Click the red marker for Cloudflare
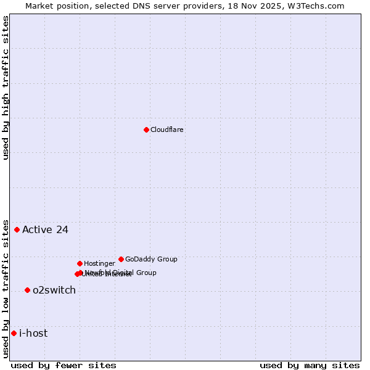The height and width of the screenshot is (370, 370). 146,129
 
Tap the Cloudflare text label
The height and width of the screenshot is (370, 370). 166,129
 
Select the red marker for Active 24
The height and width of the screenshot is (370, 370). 17,229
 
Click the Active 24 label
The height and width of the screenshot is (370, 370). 45,230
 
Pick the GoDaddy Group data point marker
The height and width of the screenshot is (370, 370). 121,259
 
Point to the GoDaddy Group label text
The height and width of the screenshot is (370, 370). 151,259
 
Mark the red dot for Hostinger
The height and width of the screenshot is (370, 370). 80,263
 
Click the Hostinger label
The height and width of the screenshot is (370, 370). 99,263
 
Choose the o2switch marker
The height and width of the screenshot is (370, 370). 27,290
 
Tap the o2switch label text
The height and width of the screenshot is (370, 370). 54,290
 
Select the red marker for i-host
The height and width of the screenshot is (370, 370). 14,333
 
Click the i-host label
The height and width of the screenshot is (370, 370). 33,334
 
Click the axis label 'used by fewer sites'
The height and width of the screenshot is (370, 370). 64,365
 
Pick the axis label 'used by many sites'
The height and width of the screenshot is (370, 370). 310,365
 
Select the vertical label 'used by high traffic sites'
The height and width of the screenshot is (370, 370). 6,88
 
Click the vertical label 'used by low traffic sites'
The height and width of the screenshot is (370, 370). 6,289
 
